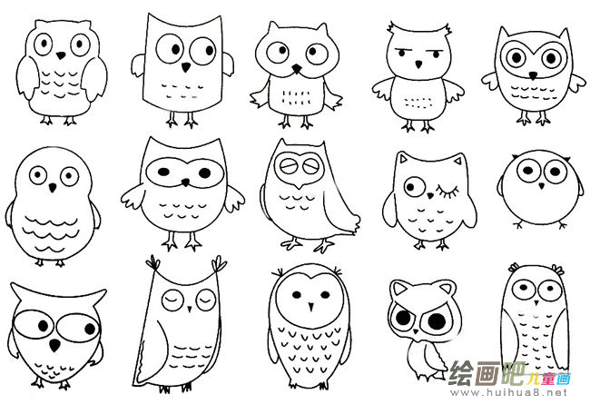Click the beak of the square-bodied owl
(x=185, y=67)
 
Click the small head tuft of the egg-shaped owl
(x=305, y=271)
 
